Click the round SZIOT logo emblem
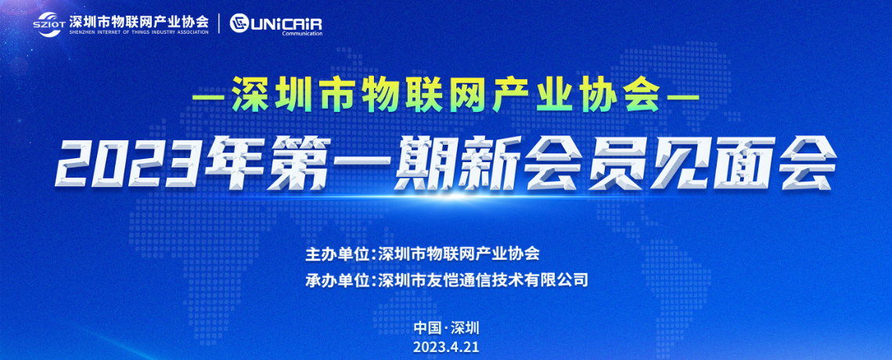[x=50, y=24]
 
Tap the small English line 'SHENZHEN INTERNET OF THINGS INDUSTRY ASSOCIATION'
[x=138, y=33]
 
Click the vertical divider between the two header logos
[x=220, y=24]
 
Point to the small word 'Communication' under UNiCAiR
[x=302, y=34]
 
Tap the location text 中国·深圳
[x=447, y=328]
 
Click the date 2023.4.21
[x=447, y=347]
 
